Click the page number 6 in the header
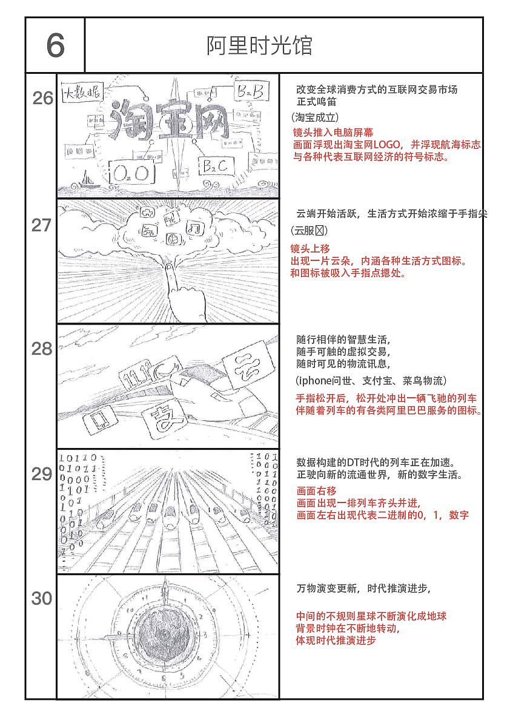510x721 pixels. tap(55, 45)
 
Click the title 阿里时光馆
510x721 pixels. tap(259, 45)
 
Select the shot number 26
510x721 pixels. tap(42, 98)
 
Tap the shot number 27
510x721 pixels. tap(41, 225)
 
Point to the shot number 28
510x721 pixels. tap(41, 349)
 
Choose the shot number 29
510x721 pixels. tap(41, 475)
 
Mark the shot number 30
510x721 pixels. tap(41, 599)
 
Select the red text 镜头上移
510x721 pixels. tap(310, 249)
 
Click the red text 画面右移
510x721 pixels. tap(316, 491)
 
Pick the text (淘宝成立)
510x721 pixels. tap(315, 117)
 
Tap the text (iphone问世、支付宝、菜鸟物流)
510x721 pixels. tap(371, 381)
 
